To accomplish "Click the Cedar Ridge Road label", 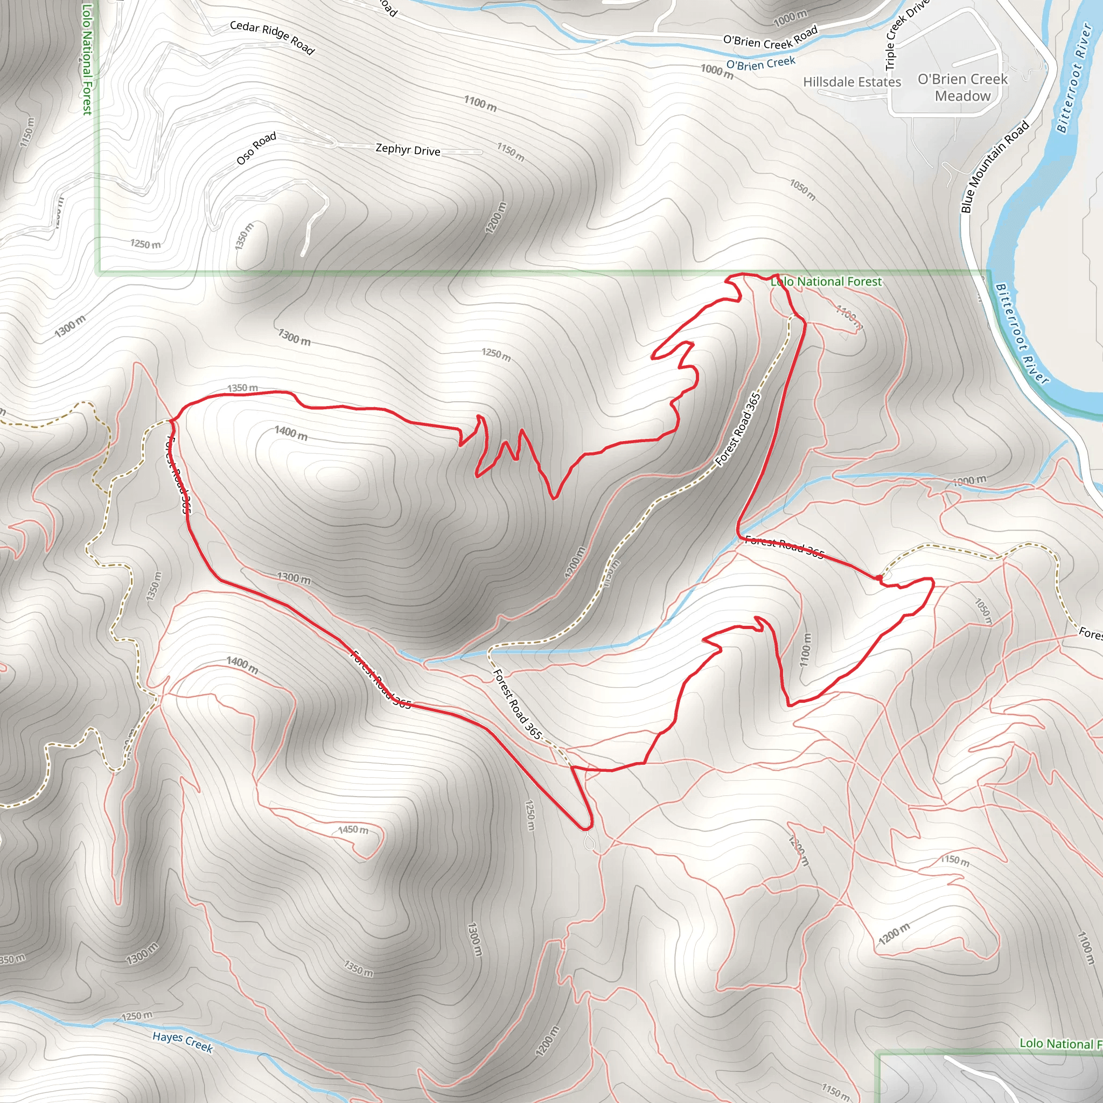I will point(272,38).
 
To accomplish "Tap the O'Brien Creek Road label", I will point(770,38).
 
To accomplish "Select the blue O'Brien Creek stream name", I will point(760,63).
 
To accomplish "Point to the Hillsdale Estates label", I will point(852,82).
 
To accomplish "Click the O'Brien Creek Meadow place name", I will point(962,87).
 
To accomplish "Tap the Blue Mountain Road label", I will point(995,166).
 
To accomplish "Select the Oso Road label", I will point(256,149).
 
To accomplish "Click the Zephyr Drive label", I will point(408,150).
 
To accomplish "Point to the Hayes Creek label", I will point(183,1042).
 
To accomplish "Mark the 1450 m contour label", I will point(353,829).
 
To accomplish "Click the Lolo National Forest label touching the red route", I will point(826,282).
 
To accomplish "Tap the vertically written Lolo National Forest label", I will point(87,59).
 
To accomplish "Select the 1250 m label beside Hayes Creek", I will point(137,1016).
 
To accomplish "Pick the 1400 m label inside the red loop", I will point(291,433).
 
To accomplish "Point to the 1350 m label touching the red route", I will point(243,388).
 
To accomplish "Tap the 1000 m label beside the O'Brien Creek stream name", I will point(717,72).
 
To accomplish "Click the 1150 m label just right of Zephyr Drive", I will point(511,152).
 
